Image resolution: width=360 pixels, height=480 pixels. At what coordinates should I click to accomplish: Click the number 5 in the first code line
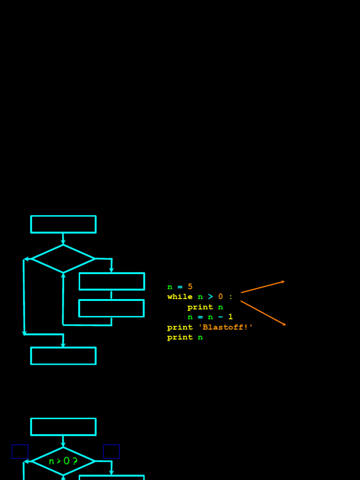coord(190,287)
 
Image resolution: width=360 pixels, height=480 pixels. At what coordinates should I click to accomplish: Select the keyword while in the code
coord(180,297)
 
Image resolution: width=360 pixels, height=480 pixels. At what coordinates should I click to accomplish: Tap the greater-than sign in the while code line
coord(210,297)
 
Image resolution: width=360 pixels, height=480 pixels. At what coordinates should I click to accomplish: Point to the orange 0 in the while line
coord(220,297)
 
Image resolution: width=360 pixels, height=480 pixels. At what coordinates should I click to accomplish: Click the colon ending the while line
coord(231,297)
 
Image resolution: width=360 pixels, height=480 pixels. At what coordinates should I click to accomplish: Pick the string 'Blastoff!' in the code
coord(225,327)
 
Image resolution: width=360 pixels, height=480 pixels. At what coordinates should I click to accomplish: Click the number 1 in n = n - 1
coord(231,317)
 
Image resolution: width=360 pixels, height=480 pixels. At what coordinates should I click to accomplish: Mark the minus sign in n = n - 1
coord(220,317)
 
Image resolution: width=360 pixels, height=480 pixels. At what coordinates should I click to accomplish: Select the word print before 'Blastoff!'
coord(180,327)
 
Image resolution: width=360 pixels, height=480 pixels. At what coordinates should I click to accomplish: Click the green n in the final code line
coord(200,337)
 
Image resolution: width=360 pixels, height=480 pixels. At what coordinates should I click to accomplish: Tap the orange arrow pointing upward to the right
coord(262,287)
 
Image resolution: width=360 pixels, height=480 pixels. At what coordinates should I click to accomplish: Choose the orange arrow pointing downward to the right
coord(263,313)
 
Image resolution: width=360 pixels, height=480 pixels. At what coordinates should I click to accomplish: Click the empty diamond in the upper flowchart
coord(63,259)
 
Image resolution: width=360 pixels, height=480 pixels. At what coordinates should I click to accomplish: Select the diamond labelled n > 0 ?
coord(63,461)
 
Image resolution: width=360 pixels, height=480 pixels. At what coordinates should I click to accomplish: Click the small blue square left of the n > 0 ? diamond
coord(20,451)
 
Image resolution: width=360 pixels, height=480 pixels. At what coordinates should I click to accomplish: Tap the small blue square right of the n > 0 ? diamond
coord(112,451)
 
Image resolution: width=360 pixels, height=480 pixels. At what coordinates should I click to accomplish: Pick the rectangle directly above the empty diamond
coord(63,225)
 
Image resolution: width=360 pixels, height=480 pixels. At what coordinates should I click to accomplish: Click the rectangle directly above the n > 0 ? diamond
coord(63,427)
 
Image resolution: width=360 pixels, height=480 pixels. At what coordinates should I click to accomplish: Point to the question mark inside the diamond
coord(75,461)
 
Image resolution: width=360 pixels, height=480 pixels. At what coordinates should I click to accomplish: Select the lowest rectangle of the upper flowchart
coord(63,356)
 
